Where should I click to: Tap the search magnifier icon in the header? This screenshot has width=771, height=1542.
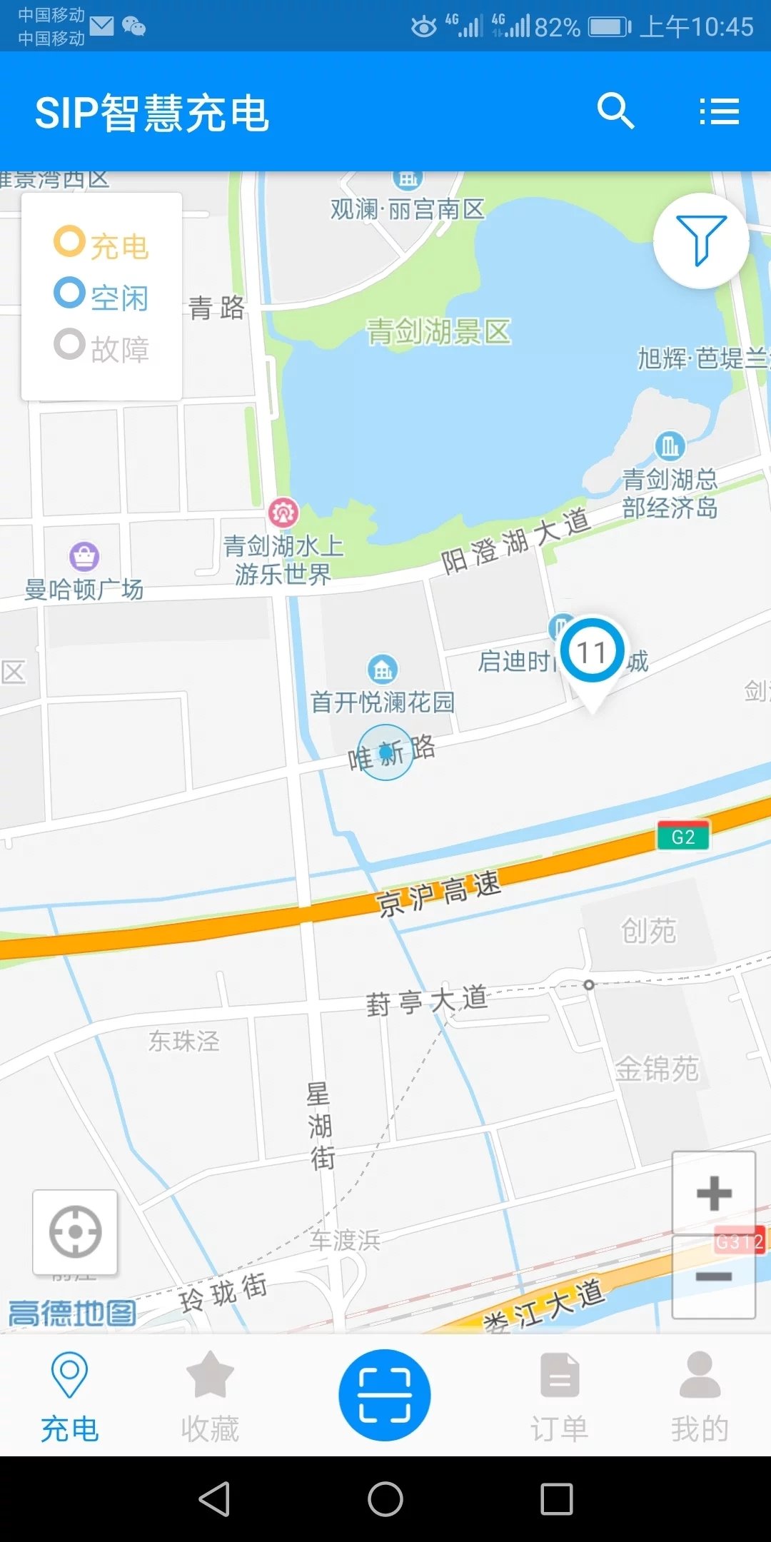point(615,111)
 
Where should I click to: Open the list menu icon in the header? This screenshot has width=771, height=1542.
point(719,111)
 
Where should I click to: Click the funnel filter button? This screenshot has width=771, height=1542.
point(701,241)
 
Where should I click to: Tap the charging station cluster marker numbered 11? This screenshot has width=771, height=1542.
point(593,652)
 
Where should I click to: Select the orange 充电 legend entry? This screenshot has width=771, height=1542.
point(101,245)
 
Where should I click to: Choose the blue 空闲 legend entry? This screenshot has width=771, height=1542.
point(101,296)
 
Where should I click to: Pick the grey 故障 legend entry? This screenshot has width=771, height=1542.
point(101,348)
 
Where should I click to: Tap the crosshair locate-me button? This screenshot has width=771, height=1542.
point(75,1231)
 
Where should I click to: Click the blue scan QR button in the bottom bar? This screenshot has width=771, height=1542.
point(385,1394)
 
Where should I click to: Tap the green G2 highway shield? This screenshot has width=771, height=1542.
point(683,837)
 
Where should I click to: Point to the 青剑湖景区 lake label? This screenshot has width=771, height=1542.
point(438,332)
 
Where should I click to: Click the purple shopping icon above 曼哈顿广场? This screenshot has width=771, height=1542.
point(84,556)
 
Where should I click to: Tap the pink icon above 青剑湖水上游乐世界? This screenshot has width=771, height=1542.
point(283,512)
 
